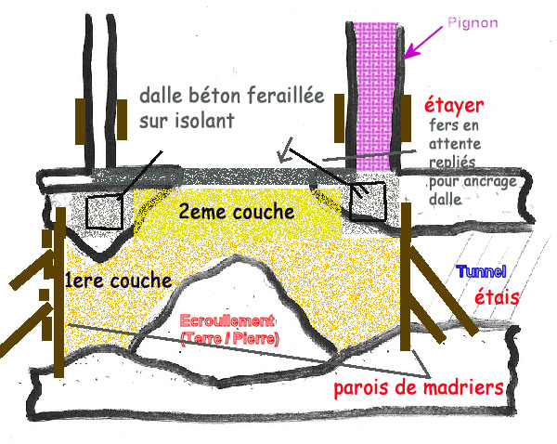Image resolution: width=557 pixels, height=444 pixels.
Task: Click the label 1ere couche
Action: click(119, 280)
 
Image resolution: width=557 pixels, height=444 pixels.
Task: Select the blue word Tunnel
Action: click(481, 272)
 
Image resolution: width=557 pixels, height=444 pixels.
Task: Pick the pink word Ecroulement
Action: click(228, 318)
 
